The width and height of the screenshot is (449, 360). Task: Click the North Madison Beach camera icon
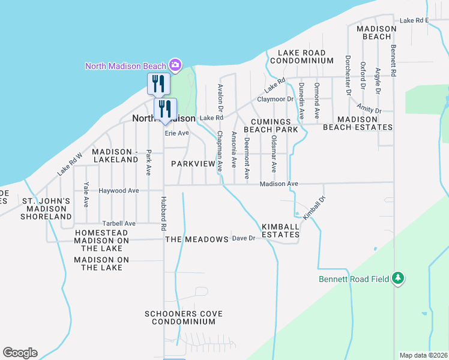(x=175, y=64)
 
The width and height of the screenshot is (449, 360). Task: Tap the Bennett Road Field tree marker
(x=397, y=278)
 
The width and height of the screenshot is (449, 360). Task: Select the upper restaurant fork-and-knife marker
(x=158, y=83)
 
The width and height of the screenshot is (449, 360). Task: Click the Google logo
(x=20, y=353)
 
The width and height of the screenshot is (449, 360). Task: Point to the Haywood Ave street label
(x=119, y=191)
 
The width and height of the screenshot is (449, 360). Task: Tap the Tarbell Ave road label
(x=119, y=223)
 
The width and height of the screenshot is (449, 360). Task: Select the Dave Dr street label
(x=244, y=238)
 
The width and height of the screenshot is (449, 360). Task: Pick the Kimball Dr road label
(x=314, y=208)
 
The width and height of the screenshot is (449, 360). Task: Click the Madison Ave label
(x=279, y=184)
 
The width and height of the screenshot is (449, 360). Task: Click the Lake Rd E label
(x=415, y=20)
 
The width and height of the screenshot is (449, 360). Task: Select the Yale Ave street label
(x=87, y=194)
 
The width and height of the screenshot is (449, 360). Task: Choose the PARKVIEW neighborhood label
(x=193, y=164)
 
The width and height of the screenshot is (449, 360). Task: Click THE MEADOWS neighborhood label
(x=197, y=239)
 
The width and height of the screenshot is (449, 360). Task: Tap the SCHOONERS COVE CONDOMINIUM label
(x=184, y=317)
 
